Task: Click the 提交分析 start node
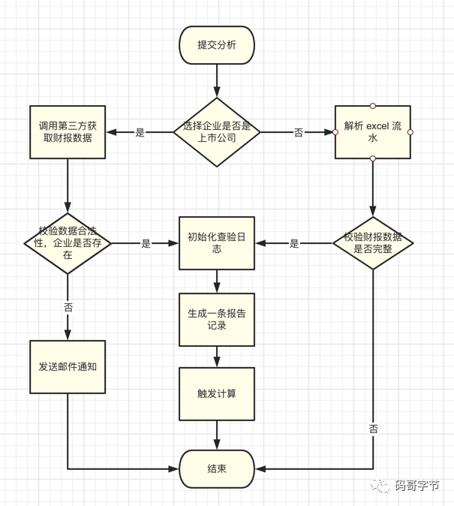point(216,45)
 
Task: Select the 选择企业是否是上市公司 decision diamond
point(216,132)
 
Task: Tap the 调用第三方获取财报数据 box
point(68,132)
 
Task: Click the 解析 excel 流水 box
point(372,132)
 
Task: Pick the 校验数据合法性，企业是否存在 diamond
point(68,243)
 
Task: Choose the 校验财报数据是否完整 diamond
point(372,243)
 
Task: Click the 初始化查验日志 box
point(216,243)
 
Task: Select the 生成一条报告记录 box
point(216,318)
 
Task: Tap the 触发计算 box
point(216,393)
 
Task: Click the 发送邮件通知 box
point(68,367)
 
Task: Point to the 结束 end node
point(216,469)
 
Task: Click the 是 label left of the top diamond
point(140,133)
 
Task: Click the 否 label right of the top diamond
point(298,133)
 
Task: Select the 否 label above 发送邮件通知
point(68,308)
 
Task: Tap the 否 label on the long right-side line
point(373,429)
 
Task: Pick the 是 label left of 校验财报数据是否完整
point(294,244)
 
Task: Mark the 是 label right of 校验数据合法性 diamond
point(146,244)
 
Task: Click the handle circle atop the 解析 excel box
point(372,106)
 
